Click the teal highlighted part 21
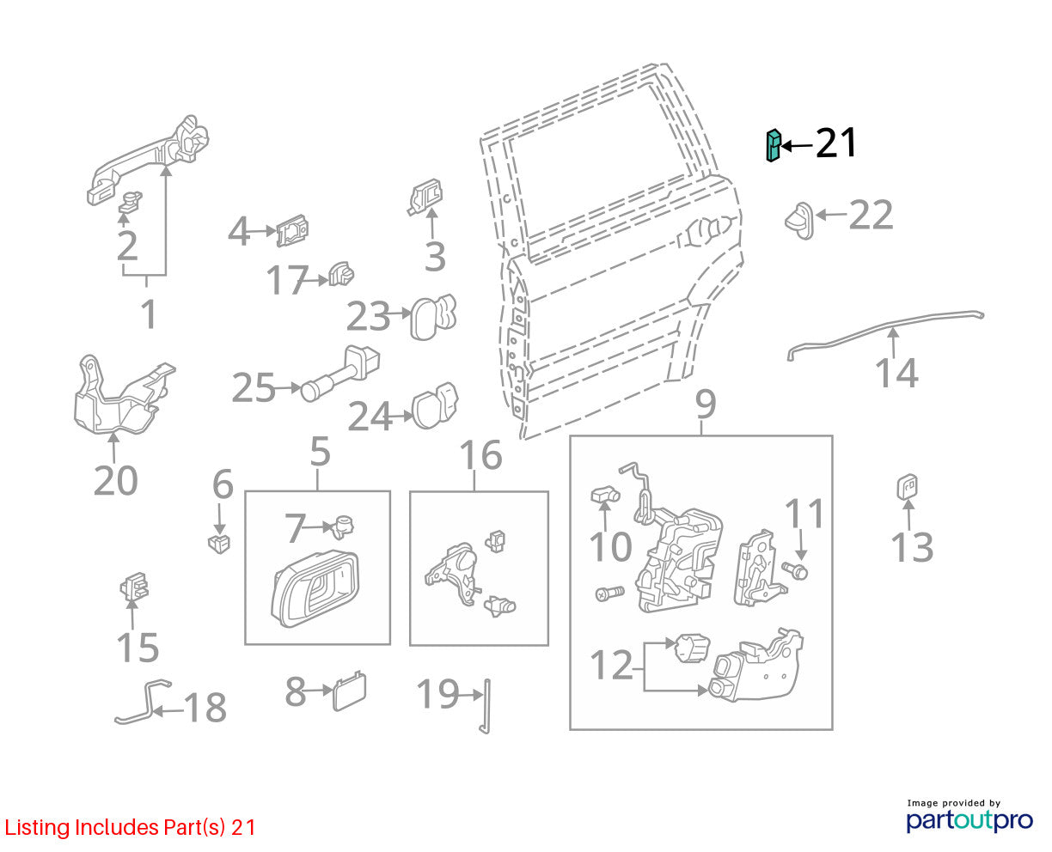[x=773, y=146]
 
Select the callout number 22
[x=871, y=216]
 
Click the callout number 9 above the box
[x=706, y=404]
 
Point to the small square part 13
[x=907, y=487]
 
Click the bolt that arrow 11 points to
[x=795, y=569]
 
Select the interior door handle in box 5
[x=315, y=590]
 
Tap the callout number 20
[x=115, y=480]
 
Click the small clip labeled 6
[x=219, y=543]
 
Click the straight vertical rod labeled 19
[x=486, y=706]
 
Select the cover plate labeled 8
[x=350, y=691]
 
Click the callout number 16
[x=481, y=454]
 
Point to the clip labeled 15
[x=134, y=587]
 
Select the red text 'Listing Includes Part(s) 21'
[x=130, y=827]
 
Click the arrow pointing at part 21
[x=796, y=146]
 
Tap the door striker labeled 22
[x=799, y=221]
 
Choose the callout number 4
[x=239, y=231]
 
